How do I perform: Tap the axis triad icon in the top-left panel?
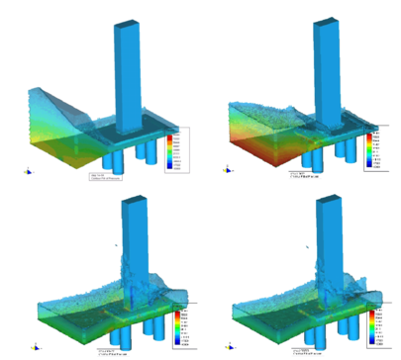click(x=26, y=170)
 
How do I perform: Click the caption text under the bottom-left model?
click(x=114, y=351)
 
